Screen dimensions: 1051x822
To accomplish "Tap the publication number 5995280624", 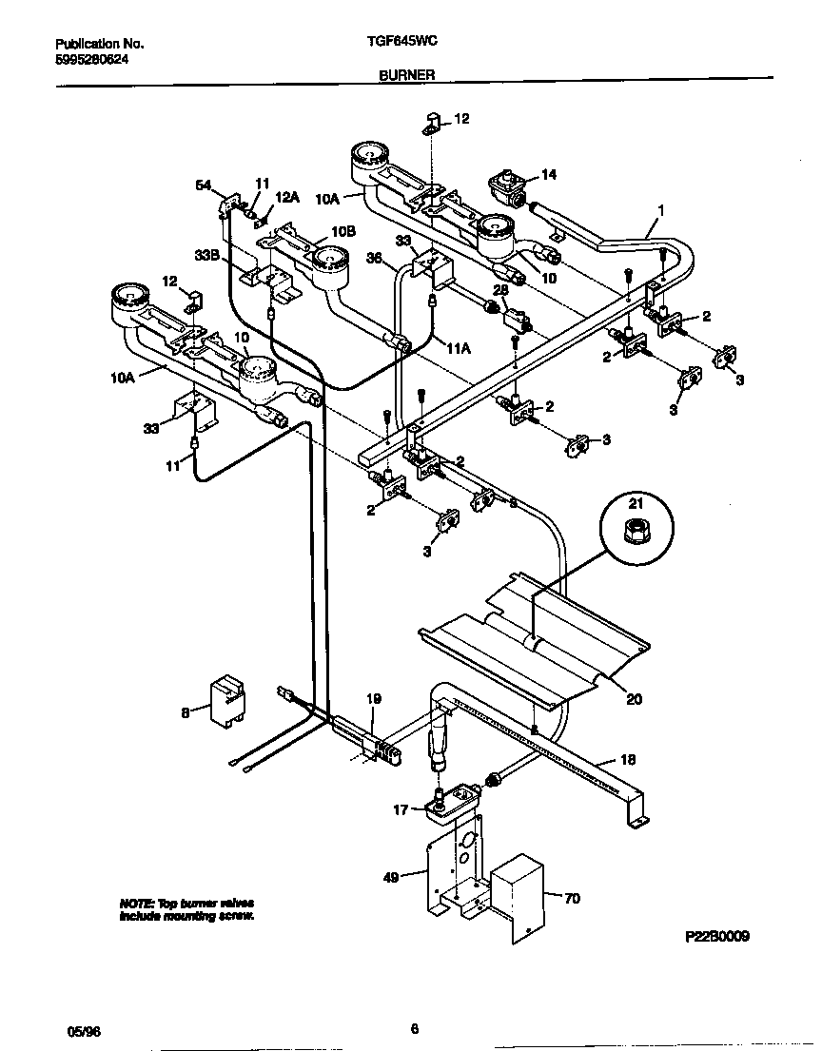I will point(93,58).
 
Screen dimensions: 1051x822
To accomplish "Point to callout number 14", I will point(548,174).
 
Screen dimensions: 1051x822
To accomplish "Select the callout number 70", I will point(571,897).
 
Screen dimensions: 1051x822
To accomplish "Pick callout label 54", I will point(204,185).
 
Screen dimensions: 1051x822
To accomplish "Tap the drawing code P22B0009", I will point(717,937).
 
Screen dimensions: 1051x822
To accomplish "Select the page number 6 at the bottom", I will point(414,1028).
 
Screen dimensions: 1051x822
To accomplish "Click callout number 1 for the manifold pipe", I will point(661,210).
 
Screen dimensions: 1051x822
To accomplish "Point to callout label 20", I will point(634,699).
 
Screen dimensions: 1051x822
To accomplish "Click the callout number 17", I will point(401,810).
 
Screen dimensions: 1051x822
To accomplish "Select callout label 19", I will point(374,699).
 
